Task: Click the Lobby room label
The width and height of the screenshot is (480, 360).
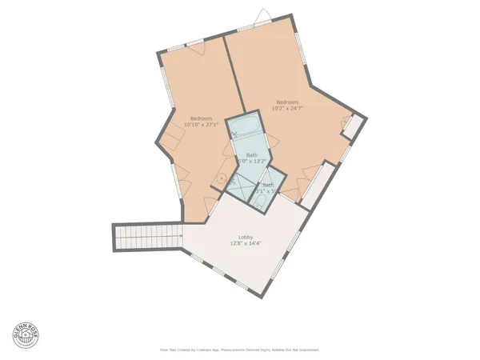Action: pyautogui.click(x=246, y=238)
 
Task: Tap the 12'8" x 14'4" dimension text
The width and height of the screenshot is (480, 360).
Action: pyautogui.click(x=246, y=244)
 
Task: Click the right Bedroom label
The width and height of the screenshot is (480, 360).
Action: pyautogui.click(x=287, y=102)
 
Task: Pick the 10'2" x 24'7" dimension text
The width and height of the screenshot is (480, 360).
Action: pyautogui.click(x=287, y=108)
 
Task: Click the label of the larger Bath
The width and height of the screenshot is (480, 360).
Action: pyautogui.click(x=252, y=154)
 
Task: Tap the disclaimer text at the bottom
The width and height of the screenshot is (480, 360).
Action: pyautogui.click(x=240, y=350)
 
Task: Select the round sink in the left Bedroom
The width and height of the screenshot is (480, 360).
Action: pyautogui.click(x=222, y=179)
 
